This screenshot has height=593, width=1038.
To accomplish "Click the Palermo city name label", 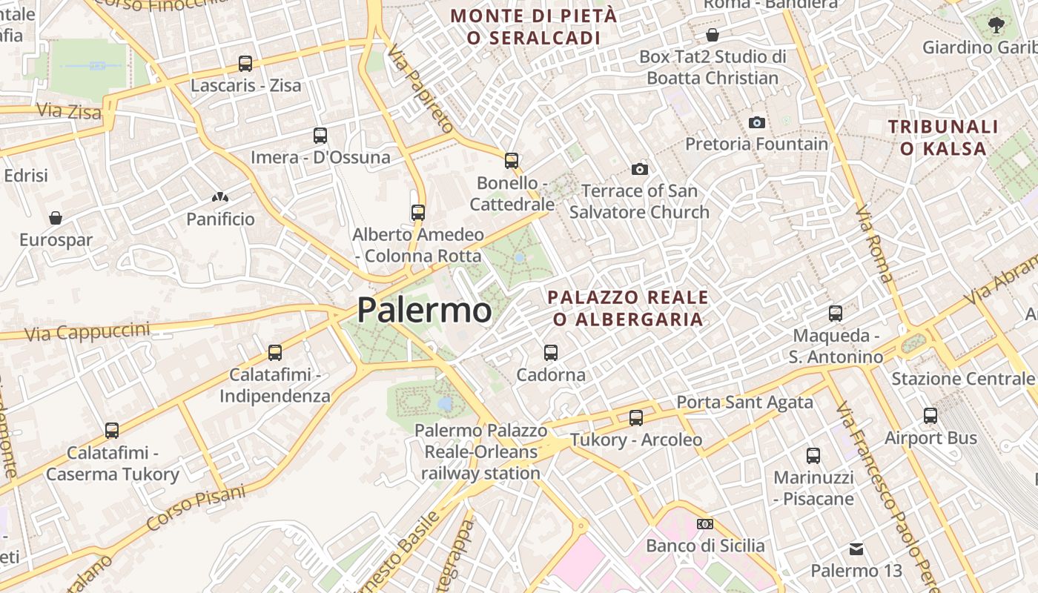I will [424, 310].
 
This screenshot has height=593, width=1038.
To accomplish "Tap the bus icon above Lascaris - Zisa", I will [245, 64].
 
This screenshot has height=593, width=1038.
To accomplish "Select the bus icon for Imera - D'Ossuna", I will [320, 136].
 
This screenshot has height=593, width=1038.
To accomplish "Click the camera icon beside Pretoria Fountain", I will [757, 122].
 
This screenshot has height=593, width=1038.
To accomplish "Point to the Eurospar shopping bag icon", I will [56, 218].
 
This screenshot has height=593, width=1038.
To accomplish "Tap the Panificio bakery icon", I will [220, 198].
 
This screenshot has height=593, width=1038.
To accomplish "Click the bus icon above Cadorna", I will [551, 353].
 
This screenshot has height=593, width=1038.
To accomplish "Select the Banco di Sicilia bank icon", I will [705, 524].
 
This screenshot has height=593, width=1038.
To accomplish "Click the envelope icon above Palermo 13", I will [856, 549].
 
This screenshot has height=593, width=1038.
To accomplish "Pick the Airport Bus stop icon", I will [930, 416].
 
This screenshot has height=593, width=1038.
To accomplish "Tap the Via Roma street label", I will [875, 245].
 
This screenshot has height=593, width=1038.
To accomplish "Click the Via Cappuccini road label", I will [87, 332].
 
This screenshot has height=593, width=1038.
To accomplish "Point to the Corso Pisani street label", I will [196, 508].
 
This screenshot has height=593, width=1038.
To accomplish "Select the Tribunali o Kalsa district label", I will [943, 137].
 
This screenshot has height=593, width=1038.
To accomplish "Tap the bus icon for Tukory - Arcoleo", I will [636, 418].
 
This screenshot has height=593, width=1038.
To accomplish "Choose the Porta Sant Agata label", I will [744, 402].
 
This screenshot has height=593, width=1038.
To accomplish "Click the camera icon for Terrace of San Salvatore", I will [640, 170].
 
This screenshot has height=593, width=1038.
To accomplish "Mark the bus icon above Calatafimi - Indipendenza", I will [275, 353].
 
